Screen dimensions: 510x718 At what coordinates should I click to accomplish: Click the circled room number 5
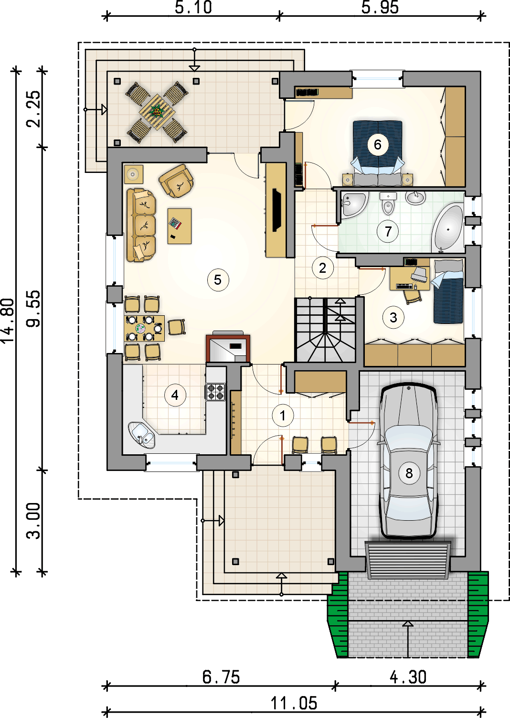218,280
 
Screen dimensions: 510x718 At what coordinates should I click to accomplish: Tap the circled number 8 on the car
409,473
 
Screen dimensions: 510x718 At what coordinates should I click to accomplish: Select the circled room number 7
388,231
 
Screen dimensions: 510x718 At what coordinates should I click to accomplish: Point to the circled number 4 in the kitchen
175,395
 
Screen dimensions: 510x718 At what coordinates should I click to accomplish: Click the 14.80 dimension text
8,321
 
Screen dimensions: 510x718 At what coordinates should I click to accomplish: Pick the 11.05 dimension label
294,703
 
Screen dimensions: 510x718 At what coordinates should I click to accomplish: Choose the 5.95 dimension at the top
380,7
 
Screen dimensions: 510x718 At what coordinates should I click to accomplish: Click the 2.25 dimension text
33,109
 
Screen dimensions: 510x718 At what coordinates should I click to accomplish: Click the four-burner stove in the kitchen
215,392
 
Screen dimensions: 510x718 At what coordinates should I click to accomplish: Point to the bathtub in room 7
447,228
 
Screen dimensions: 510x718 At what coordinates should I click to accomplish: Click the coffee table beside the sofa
180,226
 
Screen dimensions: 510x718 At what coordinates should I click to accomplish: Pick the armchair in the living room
176,181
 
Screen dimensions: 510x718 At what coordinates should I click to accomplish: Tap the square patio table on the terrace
157,112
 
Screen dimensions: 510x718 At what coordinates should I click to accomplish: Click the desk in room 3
409,278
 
